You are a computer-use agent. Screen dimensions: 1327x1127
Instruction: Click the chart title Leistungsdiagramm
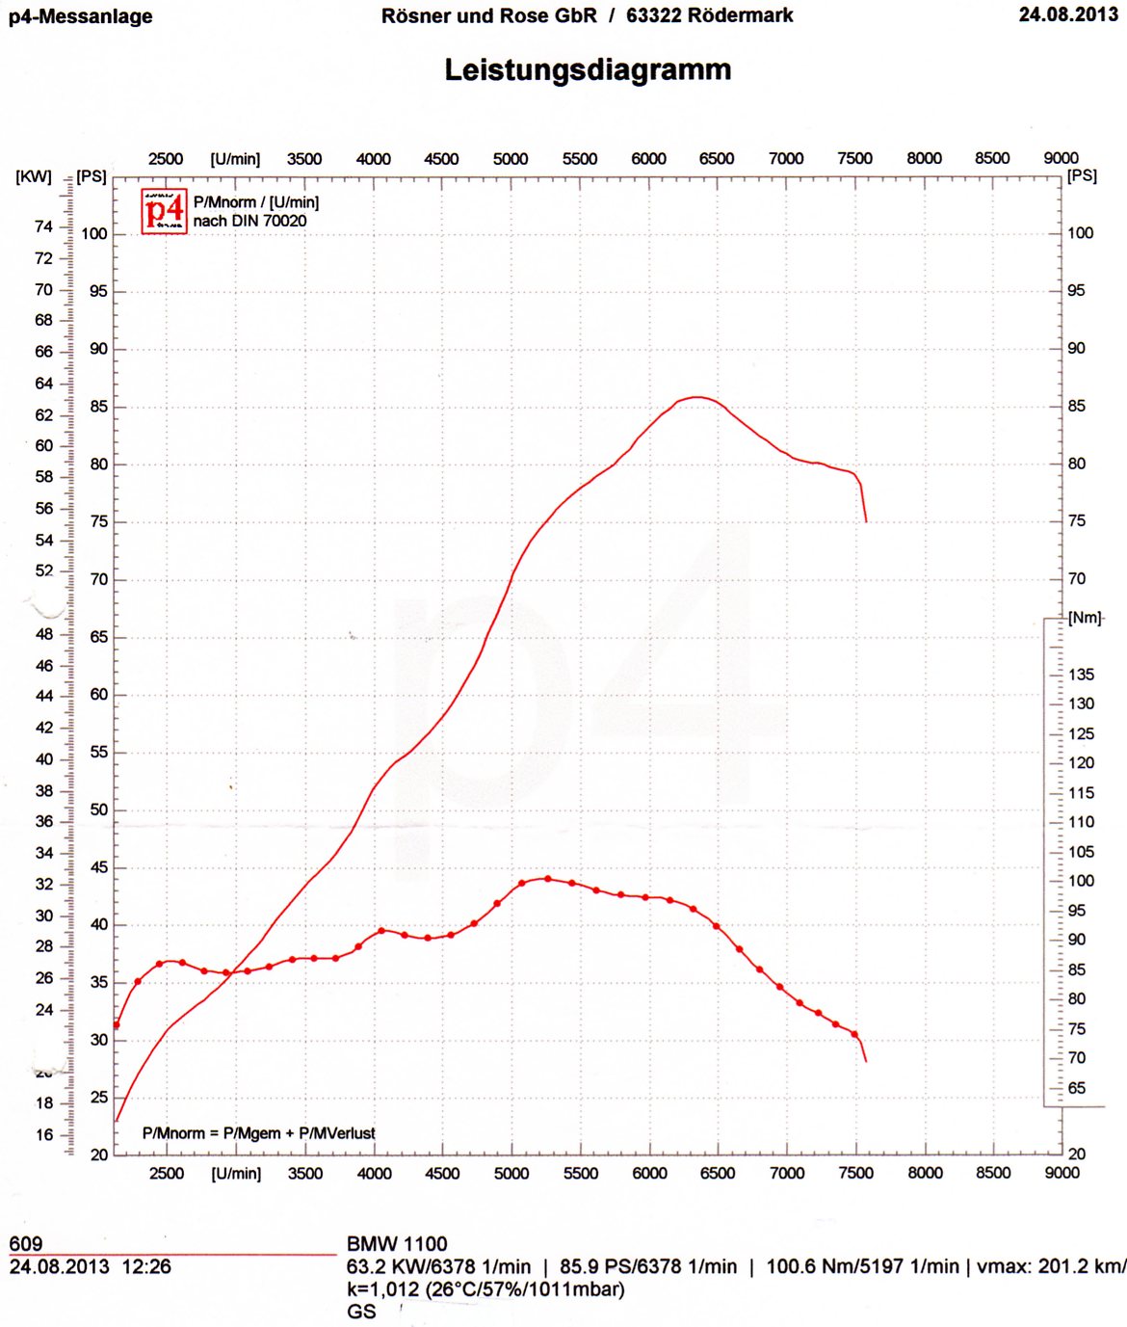[588, 70]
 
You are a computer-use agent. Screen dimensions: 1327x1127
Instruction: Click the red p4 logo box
[164, 211]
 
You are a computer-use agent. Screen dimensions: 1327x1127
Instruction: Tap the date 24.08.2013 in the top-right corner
[1068, 14]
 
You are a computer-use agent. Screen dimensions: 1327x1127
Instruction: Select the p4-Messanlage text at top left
[81, 16]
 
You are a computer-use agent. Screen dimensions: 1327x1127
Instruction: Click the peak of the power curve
[697, 397]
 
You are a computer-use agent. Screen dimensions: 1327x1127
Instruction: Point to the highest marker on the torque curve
[548, 879]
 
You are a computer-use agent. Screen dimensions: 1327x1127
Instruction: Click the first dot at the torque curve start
[117, 1025]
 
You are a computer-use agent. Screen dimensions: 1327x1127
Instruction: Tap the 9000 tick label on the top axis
[1061, 158]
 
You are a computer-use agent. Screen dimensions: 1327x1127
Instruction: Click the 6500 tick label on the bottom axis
[718, 1173]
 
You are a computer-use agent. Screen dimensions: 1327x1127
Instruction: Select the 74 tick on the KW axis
[43, 226]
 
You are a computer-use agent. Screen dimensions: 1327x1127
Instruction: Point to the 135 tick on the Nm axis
[1081, 675]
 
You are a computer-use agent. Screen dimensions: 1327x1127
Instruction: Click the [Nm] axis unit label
[1085, 618]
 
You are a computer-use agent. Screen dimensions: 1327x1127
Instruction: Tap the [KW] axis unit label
[34, 177]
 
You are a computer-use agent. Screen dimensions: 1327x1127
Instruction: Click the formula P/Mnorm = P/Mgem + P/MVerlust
[258, 1133]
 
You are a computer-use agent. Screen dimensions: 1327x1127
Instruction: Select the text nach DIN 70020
[249, 222]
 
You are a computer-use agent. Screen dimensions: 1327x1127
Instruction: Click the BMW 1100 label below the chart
[397, 1244]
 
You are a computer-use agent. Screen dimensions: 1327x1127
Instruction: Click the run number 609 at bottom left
[26, 1244]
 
